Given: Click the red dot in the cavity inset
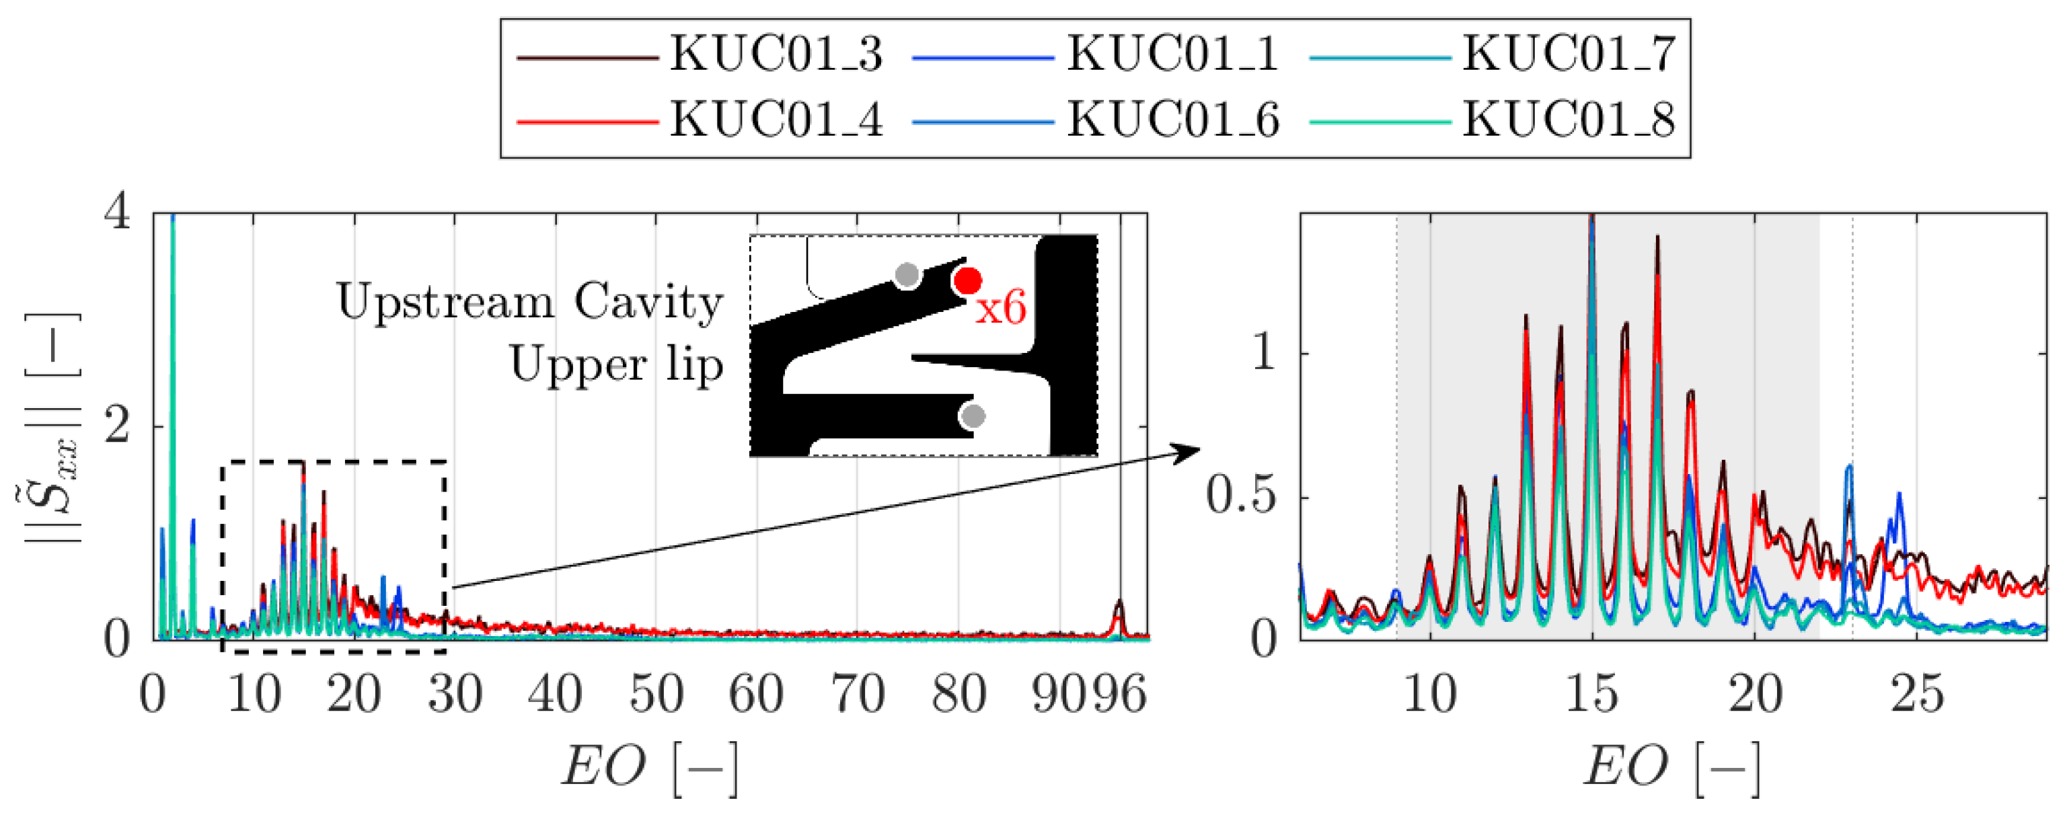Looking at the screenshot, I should [969, 281].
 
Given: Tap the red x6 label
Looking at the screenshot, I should [1001, 308].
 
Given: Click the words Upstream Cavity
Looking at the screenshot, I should [529, 303].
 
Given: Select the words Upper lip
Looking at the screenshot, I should [616, 366].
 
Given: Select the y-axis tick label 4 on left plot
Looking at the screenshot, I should [118, 215].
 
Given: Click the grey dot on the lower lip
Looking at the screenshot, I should [973, 416].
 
